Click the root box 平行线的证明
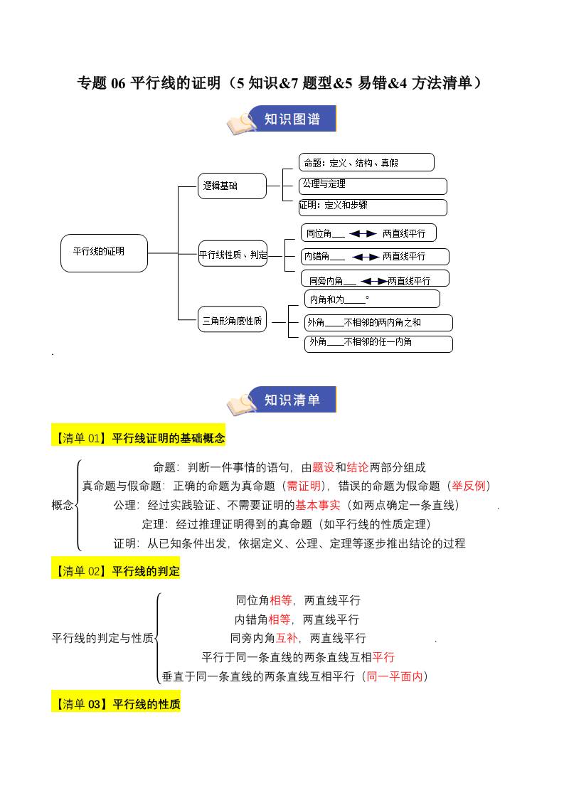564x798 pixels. pos(104,252)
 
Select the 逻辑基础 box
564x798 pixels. pos(232,186)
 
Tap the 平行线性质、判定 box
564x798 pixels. pos(233,254)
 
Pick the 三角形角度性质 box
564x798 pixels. pos(233,321)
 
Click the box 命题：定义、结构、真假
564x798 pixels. pos(367,163)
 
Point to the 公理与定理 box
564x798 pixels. pos(373,185)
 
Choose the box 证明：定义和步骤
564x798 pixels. pos(373,207)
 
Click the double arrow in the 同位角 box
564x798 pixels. pos(363,233)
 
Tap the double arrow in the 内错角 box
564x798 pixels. pos(366,256)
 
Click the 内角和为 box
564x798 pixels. pos(372,299)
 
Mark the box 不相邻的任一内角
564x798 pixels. pos(378,343)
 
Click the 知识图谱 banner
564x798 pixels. pos(292,119)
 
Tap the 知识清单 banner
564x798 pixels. pos(292,400)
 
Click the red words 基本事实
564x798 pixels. pos(318,505)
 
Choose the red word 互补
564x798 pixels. pos(287,638)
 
